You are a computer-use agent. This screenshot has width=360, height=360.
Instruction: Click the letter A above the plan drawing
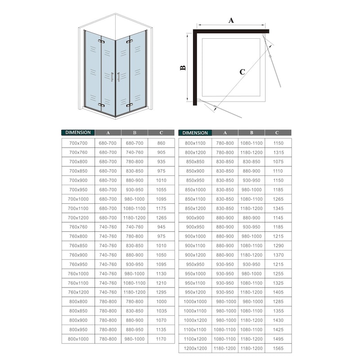click(x=231, y=20)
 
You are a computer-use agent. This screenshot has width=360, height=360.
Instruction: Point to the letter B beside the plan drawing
click(x=183, y=67)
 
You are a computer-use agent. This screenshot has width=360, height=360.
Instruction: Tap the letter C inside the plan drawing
click(x=242, y=72)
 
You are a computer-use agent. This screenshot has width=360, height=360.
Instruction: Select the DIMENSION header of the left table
click(x=77, y=133)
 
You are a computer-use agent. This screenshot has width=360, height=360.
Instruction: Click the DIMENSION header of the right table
click(x=195, y=133)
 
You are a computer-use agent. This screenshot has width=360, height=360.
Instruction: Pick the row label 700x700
click(x=78, y=143)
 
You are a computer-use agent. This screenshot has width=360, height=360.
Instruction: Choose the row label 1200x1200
click(x=195, y=348)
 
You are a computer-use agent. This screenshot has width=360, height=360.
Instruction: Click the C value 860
click(x=162, y=143)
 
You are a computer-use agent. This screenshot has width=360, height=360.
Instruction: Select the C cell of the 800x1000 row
click(x=162, y=339)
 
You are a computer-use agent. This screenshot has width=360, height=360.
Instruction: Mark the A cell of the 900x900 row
click(x=225, y=218)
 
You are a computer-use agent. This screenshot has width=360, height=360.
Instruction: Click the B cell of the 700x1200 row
click(x=135, y=218)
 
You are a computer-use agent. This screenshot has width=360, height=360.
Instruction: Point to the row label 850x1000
click(x=195, y=190)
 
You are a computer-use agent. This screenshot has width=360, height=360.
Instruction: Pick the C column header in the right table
click(x=278, y=133)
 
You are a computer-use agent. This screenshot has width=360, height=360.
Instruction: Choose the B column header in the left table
click(x=135, y=133)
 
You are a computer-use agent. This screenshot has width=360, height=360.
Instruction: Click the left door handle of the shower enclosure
click(x=112, y=77)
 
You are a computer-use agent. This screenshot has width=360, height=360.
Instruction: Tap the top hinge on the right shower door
click(x=130, y=42)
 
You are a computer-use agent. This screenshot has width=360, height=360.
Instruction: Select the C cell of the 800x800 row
click(x=162, y=301)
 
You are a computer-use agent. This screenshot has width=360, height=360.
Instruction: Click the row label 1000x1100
click(x=195, y=311)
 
